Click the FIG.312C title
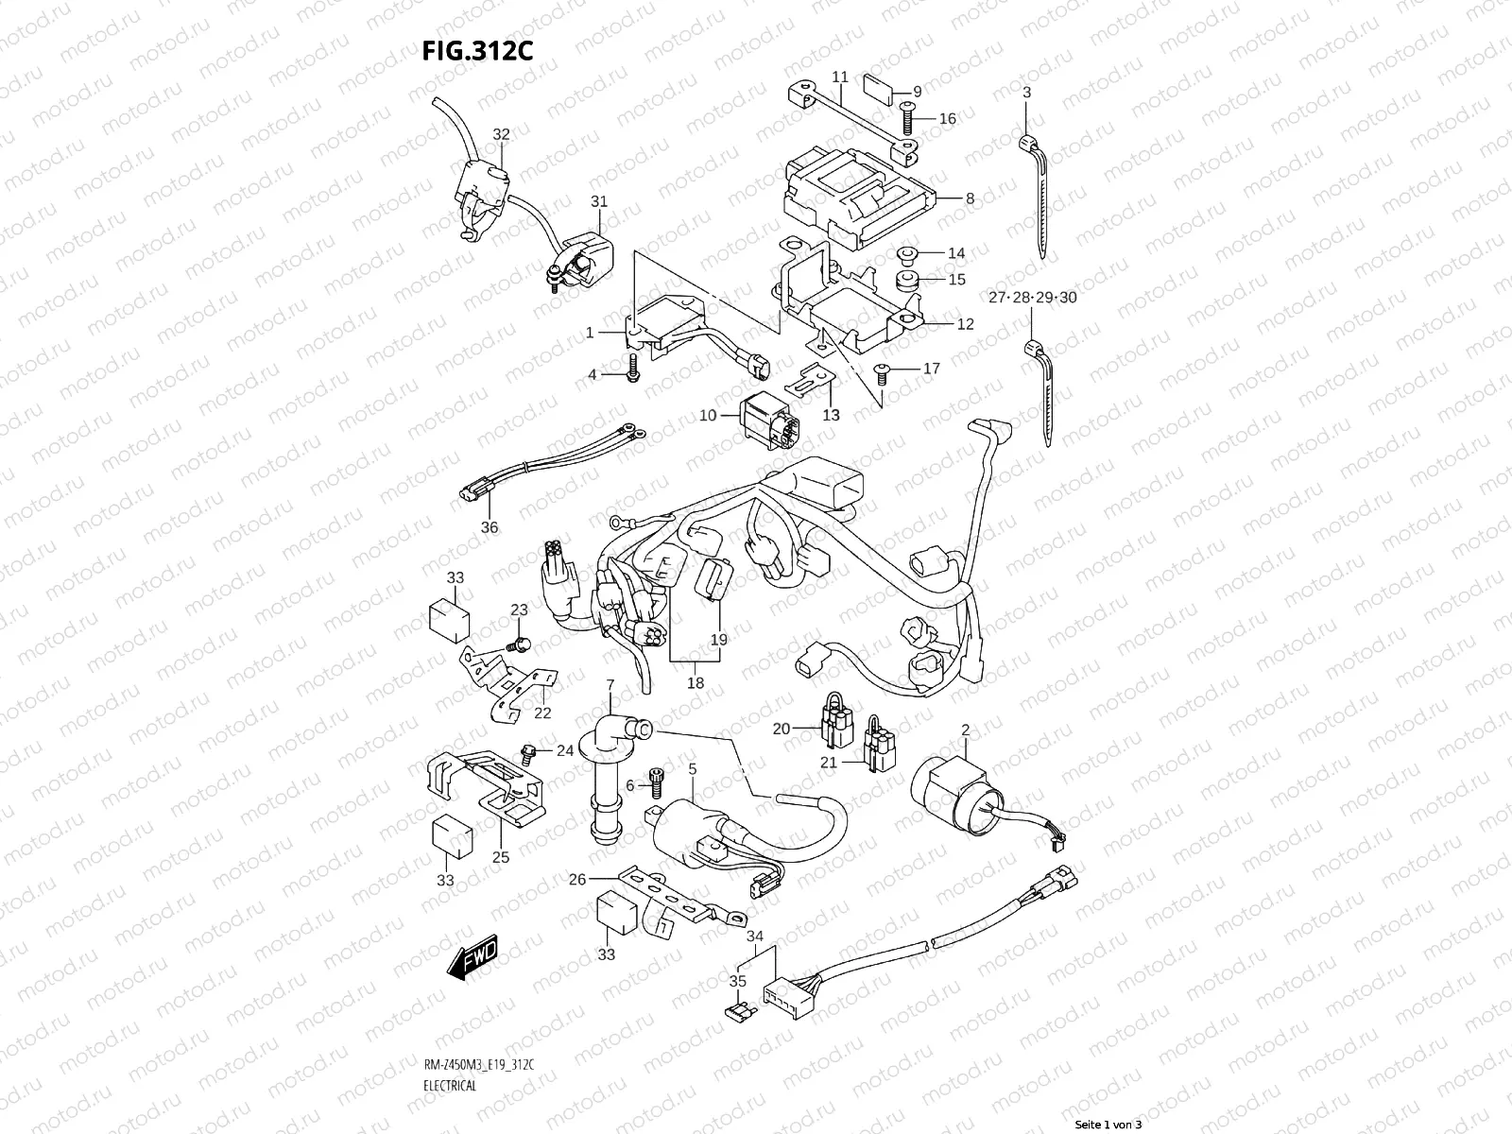click(478, 50)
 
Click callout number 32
click(501, 135)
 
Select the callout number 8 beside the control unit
click(970, 199)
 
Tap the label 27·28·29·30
click(1033, 298)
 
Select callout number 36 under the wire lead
click(489, 527)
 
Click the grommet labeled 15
click(908, 281)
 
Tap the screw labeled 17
click(884, 370)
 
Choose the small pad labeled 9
click(880, 89)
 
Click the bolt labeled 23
click(518, 644)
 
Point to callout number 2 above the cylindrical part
click(966, 730)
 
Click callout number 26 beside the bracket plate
click(578, 880)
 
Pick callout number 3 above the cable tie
click(1026, 92)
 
